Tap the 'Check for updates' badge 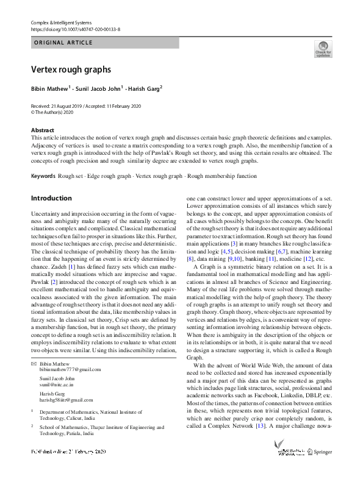tap(323, 49)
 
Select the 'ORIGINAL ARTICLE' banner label tap(63, 43)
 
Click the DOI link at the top tap(75, 29)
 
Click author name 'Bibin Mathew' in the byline tap(50, 88)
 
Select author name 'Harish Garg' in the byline tap(143, 88)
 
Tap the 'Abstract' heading tap(43, 130)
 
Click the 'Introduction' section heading tap(51, 198)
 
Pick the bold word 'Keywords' tap(43, 176)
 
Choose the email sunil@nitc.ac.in tap(57, 386)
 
